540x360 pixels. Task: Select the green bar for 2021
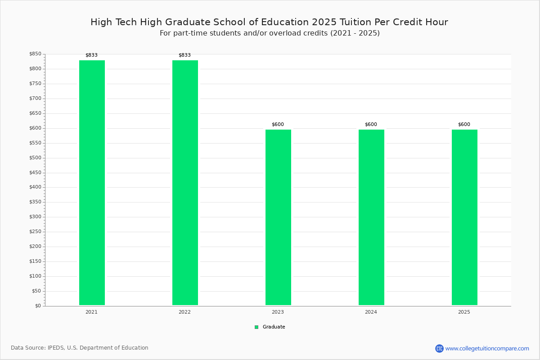point(92,183)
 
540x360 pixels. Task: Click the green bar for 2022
point(185,183)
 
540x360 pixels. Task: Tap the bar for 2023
point(278,217)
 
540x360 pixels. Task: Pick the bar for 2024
point(372,217)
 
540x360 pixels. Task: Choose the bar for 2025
point(464,217)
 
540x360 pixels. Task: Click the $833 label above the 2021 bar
point(92,55)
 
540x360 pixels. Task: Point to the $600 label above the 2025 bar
point(464,124)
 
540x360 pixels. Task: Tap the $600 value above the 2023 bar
point(278,124)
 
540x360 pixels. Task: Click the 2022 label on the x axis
point(184,312)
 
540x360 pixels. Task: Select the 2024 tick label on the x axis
point(371,312)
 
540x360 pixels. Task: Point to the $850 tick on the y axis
point(36,54)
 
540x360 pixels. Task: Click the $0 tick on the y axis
point(38,306)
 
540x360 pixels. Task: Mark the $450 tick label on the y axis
point(36,172)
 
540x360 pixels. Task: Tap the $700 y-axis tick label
point(36,98)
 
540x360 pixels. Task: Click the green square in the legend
point(256,327)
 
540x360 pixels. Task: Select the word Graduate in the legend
point(274,327)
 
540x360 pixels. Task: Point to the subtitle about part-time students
point(270,33)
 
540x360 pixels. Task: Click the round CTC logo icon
point(440,348)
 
